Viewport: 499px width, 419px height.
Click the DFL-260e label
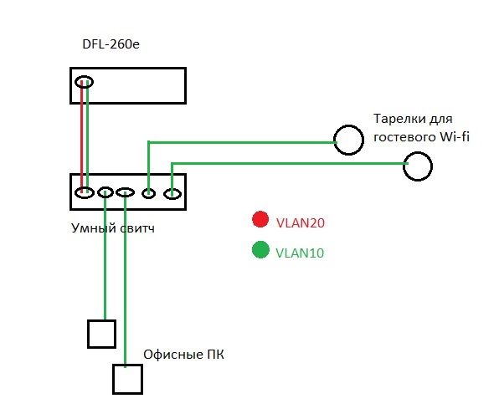coord(111,44)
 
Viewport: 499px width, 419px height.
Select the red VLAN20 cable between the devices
coord(82,136)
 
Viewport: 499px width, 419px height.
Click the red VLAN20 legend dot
coord(260,219)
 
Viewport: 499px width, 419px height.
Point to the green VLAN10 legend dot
coord(260,249)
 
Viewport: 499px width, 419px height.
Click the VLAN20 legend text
coord(301,222)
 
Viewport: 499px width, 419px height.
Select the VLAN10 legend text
coord(300,253)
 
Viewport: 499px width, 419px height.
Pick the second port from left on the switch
coord(105,187)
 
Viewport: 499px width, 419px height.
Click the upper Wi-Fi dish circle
coord(348,125)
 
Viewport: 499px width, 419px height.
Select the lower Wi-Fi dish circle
coord(418,152)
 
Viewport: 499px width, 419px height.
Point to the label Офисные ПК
coord(183,355)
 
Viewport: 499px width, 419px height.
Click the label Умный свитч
coord(113,228)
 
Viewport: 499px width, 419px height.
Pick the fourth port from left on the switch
coord(148,189)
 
